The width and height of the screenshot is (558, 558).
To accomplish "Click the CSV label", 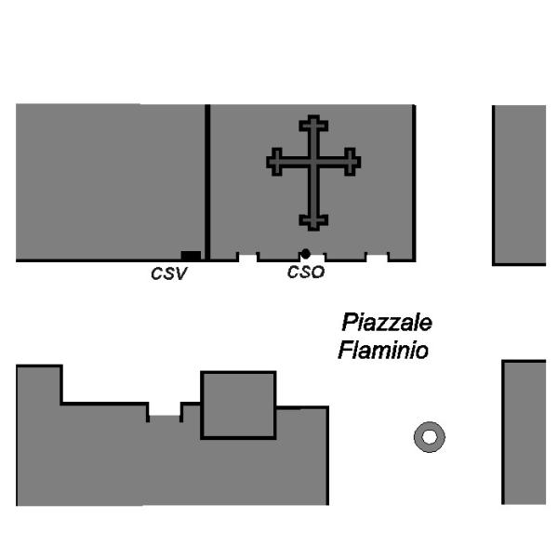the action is click(x=169, y=274).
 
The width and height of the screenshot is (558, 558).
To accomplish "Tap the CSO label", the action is click(x=305, y=273).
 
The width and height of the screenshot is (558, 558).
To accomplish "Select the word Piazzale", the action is click(x=386, y=323).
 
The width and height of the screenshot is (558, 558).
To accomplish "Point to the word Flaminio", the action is click(x=382, y=352).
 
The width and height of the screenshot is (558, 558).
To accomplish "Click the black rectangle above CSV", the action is click(x=191, y=256).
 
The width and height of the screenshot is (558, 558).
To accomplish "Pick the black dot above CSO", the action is click(x=305, y=253).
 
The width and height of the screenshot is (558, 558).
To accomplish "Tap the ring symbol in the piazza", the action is click(x=429, y=436).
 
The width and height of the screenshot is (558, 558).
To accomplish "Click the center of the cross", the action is click(x=313, y=163).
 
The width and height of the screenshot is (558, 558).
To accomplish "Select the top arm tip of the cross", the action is click(x=313, y=121).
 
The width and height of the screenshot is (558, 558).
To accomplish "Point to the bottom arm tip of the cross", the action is click(x=313, y=223).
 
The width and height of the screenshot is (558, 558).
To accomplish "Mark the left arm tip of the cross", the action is click(x=273, y=163).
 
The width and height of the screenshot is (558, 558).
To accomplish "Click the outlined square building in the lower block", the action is click(x=238, y=405).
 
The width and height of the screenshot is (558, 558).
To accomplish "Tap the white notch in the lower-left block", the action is click(x=165, y=410).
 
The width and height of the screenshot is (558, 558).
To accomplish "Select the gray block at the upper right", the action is click(x=519, y=184).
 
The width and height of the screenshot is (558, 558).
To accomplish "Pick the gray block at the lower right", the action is click(x=524, y=432).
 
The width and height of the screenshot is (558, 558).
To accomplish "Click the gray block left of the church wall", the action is click(x=110, y=181).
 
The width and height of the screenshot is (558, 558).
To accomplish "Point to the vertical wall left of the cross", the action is click(x=207, y=181).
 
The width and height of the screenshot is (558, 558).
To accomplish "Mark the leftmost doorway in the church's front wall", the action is click(x=247, y=257).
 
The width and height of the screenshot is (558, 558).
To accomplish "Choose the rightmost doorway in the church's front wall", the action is click(x=377, y=257).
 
